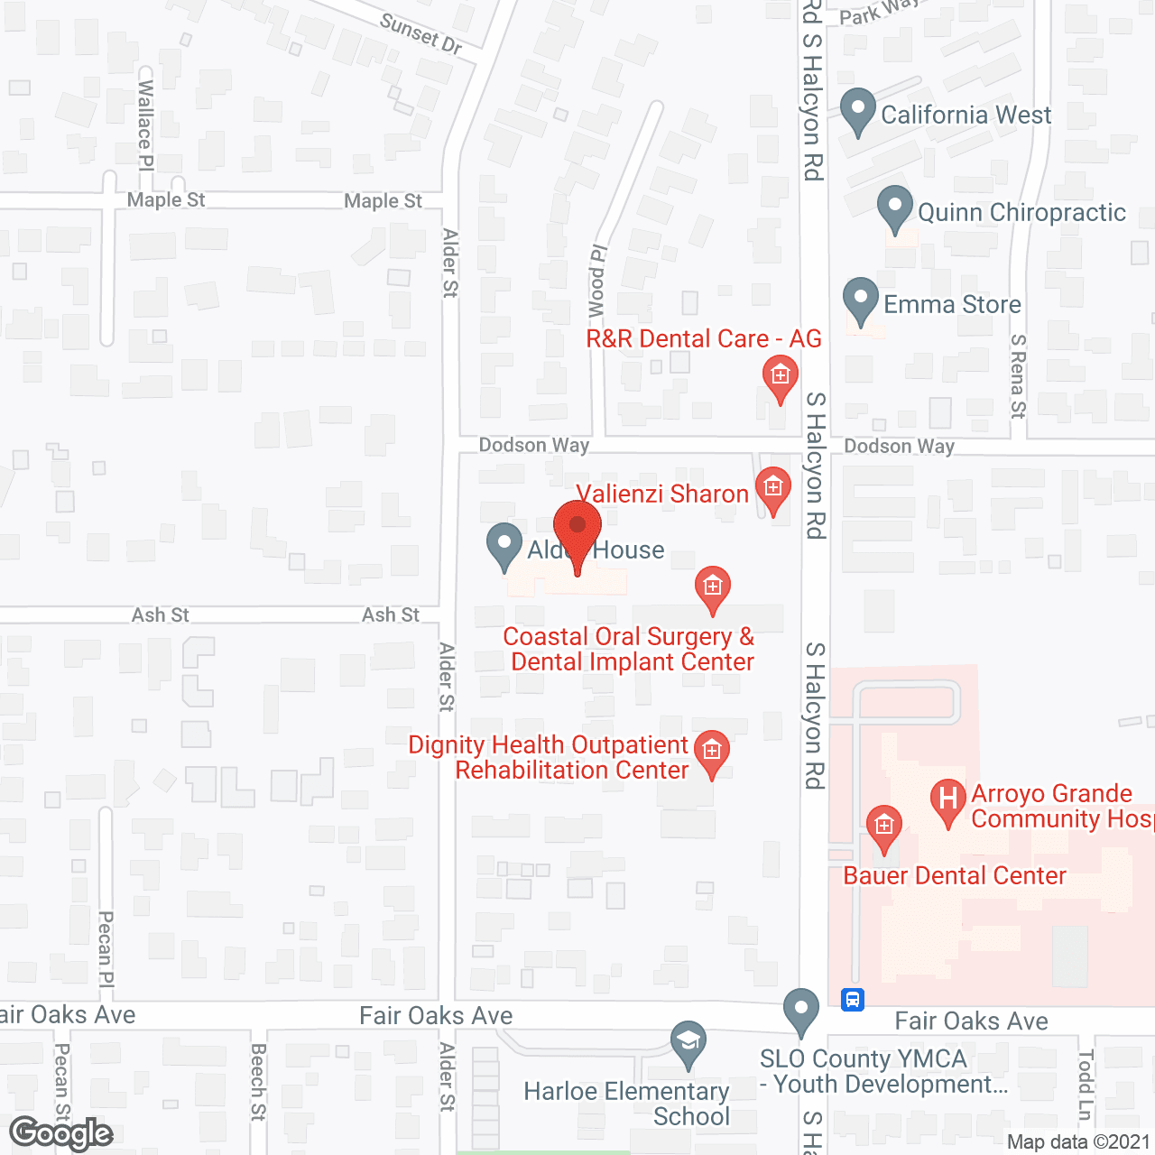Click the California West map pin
(858, 110)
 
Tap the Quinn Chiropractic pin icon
(895, 208)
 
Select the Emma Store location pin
(861, 299)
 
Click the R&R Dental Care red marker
(780, 377)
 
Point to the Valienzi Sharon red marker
(772, 489)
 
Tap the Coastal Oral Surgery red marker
(713, 588)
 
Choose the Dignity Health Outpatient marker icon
(712, 752)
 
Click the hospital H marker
(947, 800)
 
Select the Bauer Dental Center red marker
(883, 827)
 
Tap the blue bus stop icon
(853, 1000)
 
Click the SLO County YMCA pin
(800, 1011)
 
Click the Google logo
(61, 1133)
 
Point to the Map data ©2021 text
(1078, 1141)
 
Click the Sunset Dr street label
(420, 33)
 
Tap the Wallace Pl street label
(145, 125)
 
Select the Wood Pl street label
(597, 281)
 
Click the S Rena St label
(1018, 376)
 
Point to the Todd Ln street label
(1086, 1084)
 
